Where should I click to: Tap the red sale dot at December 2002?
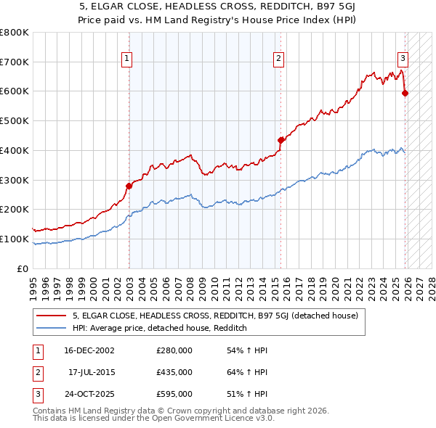[129, 186]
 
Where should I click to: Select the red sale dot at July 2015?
[280, 140]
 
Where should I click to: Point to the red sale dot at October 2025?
[405, 93]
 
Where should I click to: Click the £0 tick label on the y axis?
[22, 268]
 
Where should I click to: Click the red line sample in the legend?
[52, 316]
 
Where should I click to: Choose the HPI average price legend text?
[160, 328]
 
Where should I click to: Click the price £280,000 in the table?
[174, 350]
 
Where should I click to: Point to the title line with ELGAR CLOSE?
[218, 9]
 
